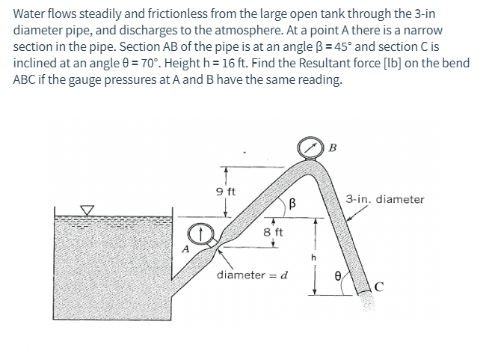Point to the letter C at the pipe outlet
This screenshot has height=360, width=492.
[x=379, y=284]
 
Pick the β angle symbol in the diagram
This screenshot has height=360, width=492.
[x=294, y=202]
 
